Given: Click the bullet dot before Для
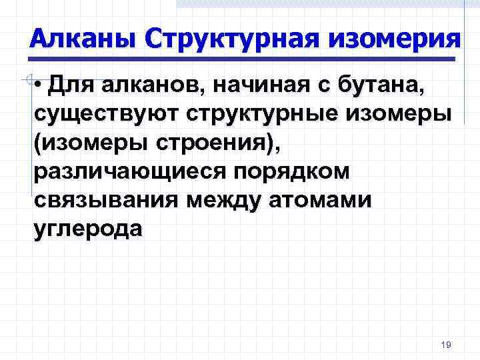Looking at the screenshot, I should pyautogui.click(x=41, y=86).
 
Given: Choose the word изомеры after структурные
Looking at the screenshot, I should pyautogui.click(x=405, y=114).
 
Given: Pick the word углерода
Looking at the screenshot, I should pyautogui.click(x=87, y=229).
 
